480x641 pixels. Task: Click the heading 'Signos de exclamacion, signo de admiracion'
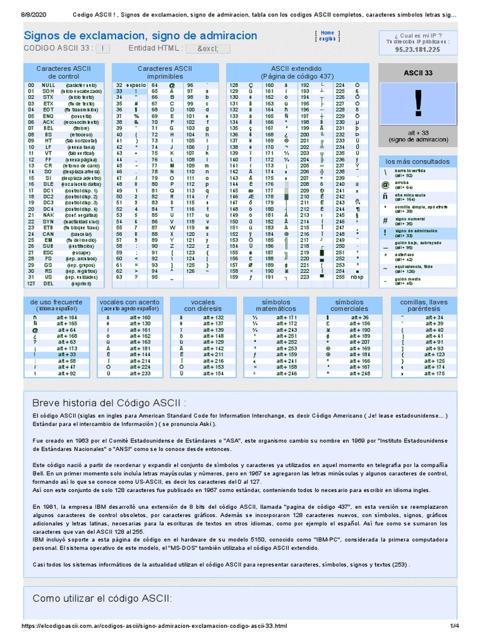pos(140,36)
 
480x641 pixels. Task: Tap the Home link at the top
pos(327,33)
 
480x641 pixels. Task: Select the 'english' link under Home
pos(326,39)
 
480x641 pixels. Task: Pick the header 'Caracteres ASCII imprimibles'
pos(165,71)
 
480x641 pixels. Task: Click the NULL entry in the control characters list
pos(48,85)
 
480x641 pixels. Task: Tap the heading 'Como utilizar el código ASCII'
pos(102,598)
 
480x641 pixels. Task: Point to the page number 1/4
pos(454,626)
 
